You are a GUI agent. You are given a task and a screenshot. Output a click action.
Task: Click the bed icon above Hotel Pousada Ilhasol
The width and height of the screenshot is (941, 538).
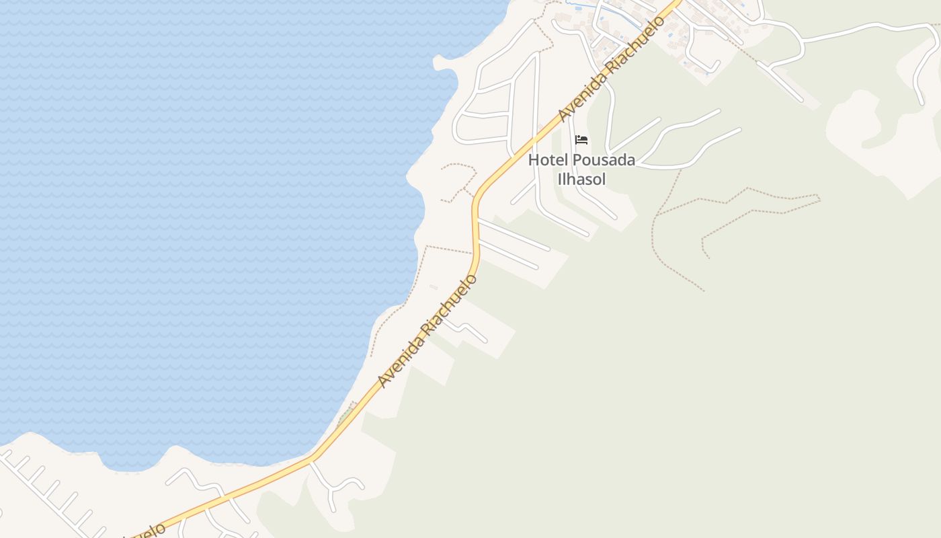581,140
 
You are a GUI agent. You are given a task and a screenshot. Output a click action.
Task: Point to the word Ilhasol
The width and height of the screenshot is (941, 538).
581,179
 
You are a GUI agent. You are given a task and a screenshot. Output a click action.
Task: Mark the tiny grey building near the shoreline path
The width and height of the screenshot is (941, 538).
434,287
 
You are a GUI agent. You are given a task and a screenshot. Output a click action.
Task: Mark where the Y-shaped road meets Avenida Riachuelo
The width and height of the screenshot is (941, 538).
311,461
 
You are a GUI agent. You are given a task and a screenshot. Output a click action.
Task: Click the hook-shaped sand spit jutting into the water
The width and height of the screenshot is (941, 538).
444,64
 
